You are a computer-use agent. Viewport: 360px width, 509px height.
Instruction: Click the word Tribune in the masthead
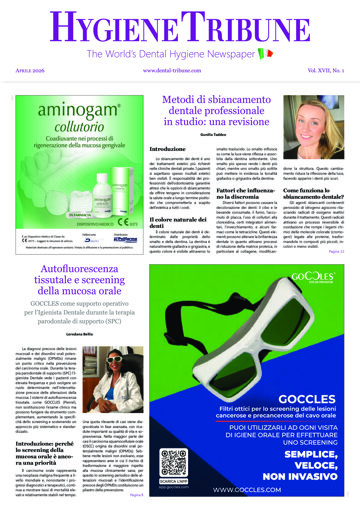(239, 24)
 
